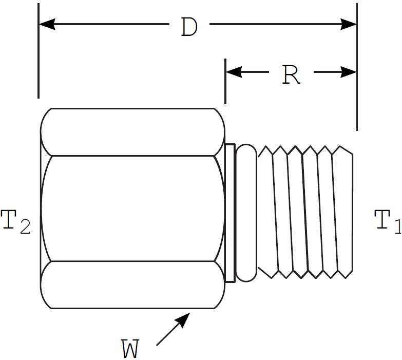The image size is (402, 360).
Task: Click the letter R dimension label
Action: point(291,75)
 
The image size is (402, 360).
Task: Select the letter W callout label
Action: point(130,349)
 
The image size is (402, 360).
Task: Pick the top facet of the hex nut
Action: point(132,131)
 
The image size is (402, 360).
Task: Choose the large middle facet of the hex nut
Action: point(132,208)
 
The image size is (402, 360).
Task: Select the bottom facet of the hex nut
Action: point(132,285)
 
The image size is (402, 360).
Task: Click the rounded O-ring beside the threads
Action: point(246,213)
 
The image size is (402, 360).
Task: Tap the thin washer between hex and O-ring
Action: point(229,213)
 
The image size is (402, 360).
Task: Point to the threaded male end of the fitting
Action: point(306,211)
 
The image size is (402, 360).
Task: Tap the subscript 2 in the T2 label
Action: point(25,228)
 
